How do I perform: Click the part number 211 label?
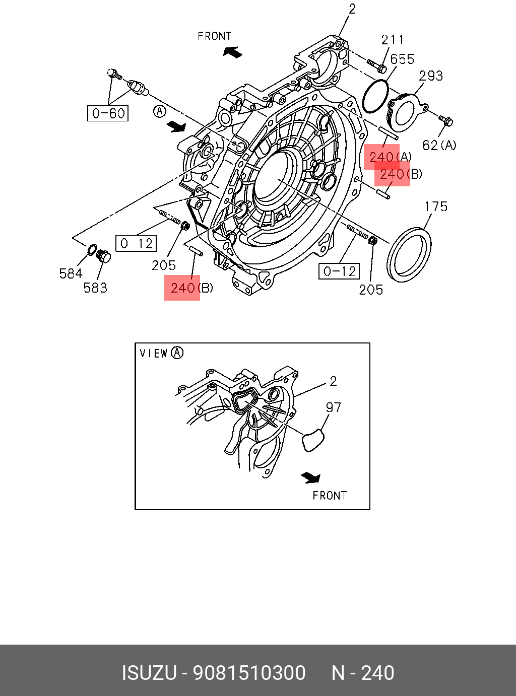point(392,40)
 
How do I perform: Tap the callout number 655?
point(402,59)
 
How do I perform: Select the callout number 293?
point(430,76)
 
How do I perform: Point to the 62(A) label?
point(439,145)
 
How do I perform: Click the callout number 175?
point(436,206)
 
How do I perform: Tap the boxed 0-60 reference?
point(108,113)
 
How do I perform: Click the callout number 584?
point(71,273)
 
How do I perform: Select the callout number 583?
point(95,288)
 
